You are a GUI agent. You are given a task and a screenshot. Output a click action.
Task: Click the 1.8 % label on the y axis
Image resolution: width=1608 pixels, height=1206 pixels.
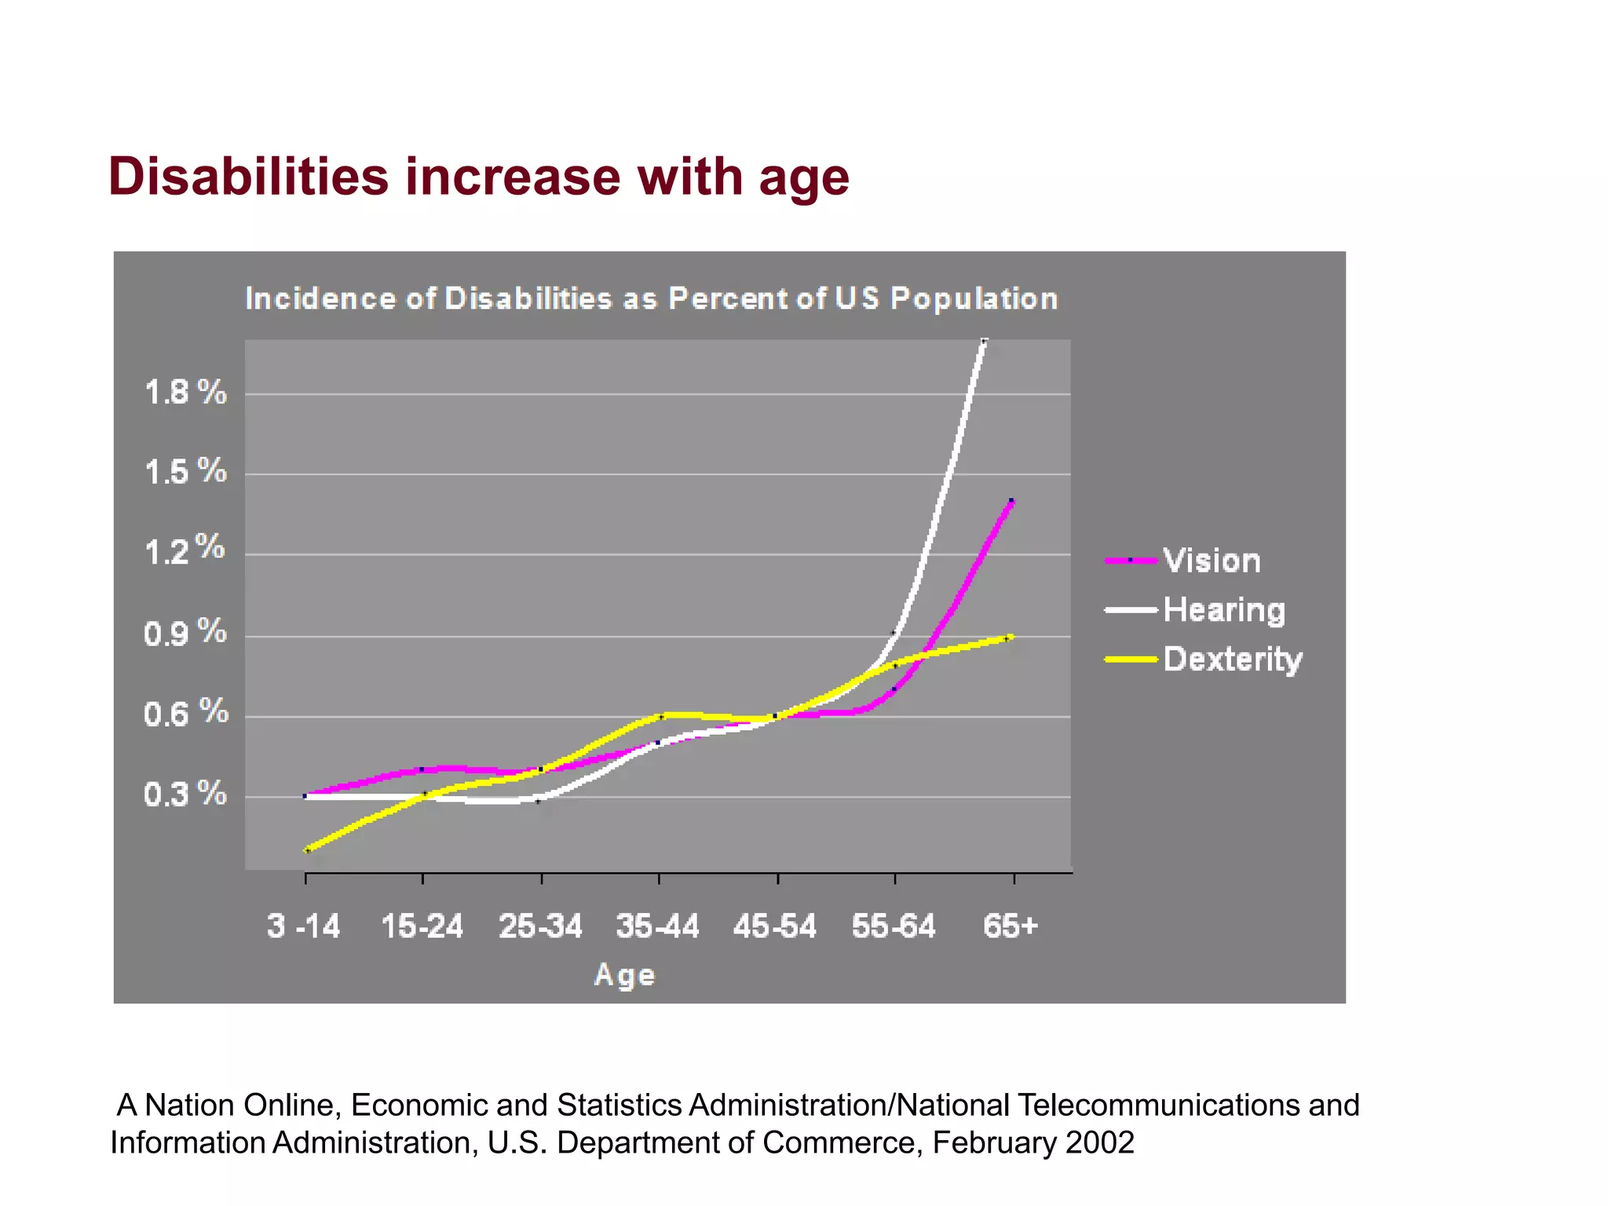point(185,392)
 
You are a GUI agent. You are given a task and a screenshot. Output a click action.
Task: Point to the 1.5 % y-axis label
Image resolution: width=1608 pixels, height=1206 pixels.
point(185,472)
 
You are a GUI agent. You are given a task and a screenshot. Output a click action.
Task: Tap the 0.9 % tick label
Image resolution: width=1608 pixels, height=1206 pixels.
point(185,633)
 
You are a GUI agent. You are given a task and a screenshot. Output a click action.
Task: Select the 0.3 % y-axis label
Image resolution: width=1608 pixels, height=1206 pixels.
point(185,795)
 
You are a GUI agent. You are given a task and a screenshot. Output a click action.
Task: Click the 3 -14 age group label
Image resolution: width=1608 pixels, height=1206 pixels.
point(304,926)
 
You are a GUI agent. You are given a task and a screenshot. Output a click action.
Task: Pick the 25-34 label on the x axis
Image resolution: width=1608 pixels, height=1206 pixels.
point(541,926)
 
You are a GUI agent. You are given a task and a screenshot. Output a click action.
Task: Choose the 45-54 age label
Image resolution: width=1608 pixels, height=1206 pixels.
point(775,926)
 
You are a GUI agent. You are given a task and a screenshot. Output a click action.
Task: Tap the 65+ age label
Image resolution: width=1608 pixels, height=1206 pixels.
point(1010,926)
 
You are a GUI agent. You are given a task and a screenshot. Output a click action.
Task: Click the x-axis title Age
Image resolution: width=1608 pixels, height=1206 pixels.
point(624,975)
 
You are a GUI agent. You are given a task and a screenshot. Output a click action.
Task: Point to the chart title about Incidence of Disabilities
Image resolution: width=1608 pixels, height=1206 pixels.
point(652,299)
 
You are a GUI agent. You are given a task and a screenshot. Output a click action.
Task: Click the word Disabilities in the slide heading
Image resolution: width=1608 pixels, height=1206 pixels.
point(248,177)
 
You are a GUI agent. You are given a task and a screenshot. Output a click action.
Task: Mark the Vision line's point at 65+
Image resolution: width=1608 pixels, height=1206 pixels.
point(1011,501)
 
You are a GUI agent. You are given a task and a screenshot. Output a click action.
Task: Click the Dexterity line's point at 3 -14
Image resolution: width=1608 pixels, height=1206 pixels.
point(307,850)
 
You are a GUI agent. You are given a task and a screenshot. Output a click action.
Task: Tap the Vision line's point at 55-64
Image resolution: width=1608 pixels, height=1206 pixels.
point(894,689)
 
